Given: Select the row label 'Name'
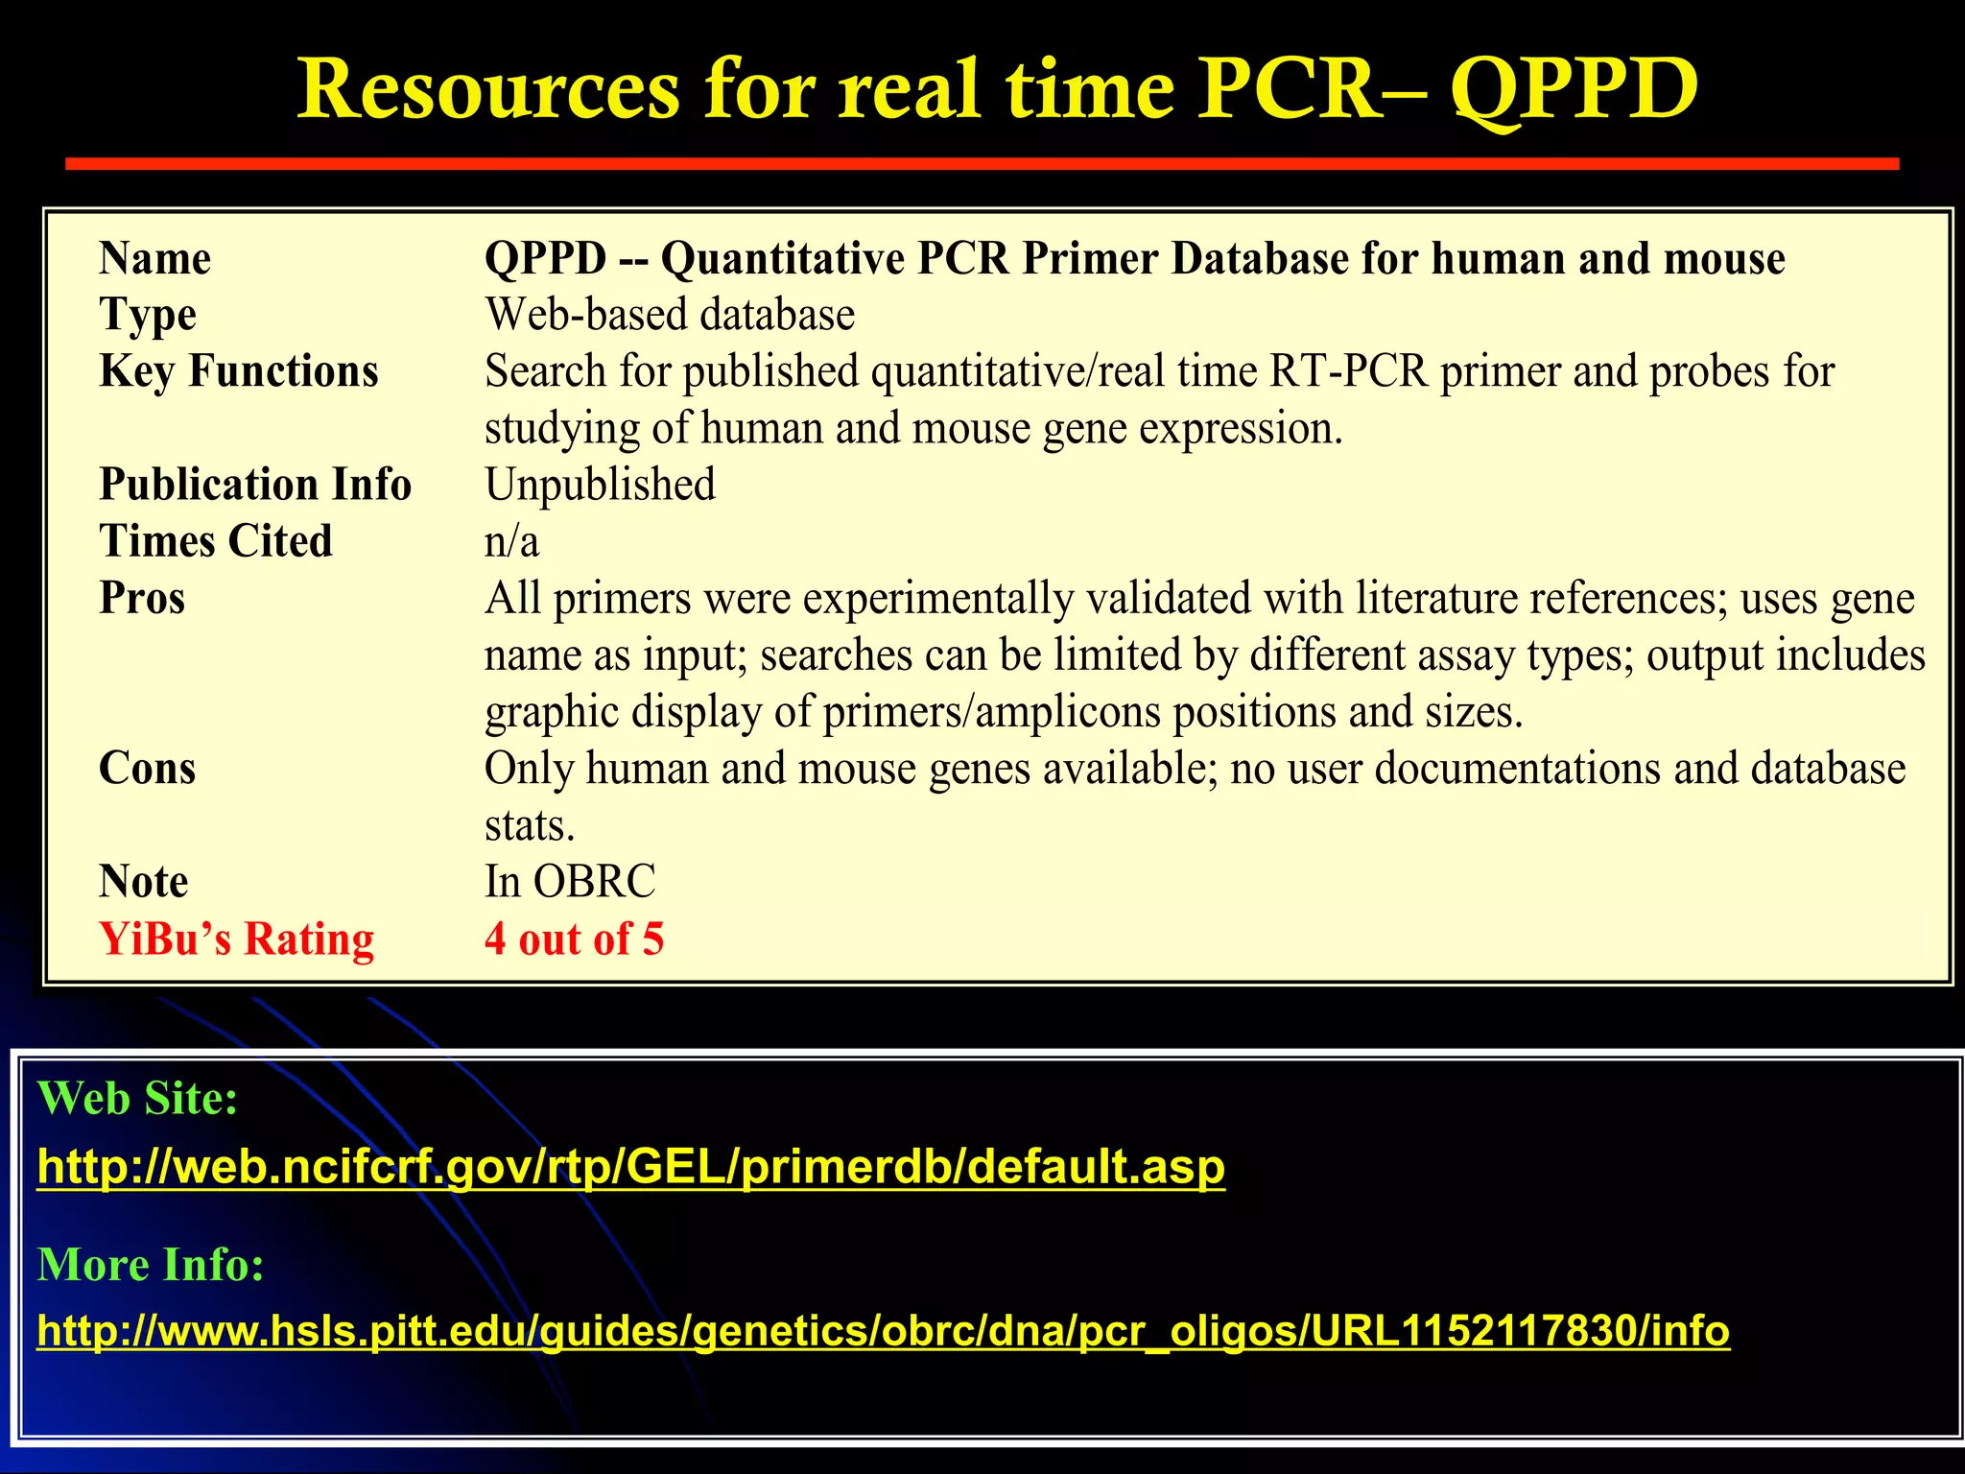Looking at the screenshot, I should [x=154, y=258].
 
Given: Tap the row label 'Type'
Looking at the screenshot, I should [x=148, y=316].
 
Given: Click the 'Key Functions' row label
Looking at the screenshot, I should [x=239, y=371].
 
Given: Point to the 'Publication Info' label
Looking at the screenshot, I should [x=255, y=485].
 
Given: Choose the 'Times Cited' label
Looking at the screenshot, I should [x=216, y=541].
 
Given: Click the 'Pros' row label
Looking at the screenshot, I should [x=142, y=598].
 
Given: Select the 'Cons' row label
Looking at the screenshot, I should [x=147, y=768].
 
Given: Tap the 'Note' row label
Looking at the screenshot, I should [x=143, y=881].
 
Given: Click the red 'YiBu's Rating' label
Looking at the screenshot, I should [x=236, y=939].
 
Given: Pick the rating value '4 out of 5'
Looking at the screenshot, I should [x=574, y=939].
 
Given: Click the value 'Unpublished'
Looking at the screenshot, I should [x=600, y=485].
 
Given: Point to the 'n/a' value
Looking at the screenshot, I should [x=511, y=541].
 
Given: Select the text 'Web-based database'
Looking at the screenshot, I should [x=669, y=315].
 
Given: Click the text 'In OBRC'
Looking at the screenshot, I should [x=570, y=881].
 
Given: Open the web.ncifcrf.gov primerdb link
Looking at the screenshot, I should [x=630, y=1167].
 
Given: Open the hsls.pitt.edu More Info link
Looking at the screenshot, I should [x=883, y=1331].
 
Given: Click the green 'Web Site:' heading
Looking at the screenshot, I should [x=137, y=1098].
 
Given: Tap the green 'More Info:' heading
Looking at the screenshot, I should [x=151, y=1265].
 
